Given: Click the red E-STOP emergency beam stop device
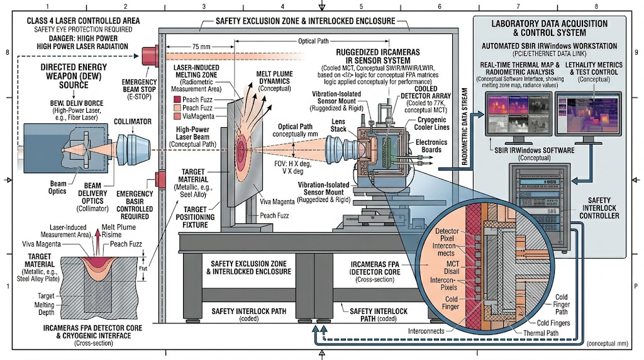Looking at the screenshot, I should pos(151,55).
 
